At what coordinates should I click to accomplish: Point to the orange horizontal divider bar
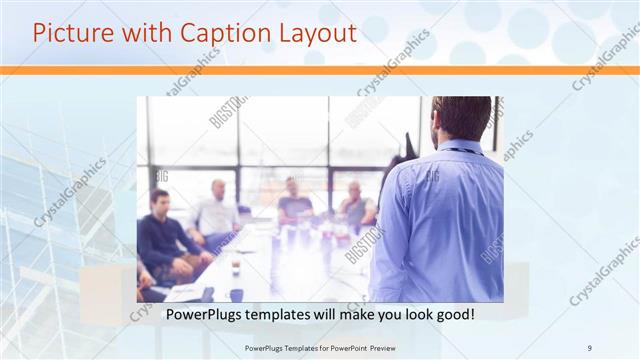click(x=320, y=70)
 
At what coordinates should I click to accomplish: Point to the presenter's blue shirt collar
click(x=462, y=148)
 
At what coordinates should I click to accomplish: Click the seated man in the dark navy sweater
click(x=165, y=240)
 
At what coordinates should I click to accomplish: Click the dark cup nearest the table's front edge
click(x=236, y=294)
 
